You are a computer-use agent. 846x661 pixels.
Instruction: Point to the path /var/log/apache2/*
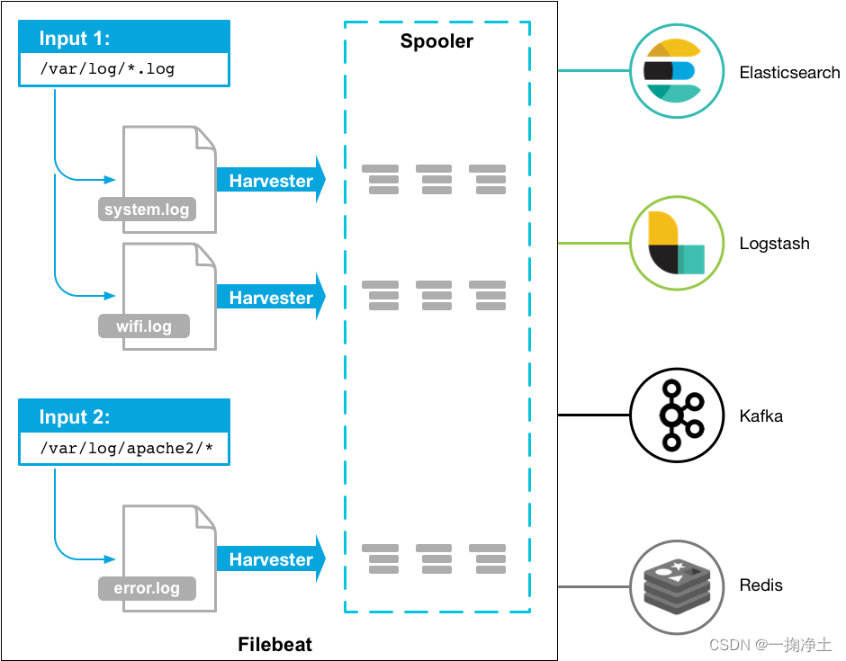[x=124, y=447]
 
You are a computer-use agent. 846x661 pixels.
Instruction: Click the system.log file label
[x=147, y=210]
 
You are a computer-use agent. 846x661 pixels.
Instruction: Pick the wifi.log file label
[x=144, y=326]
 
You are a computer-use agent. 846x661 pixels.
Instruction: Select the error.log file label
[x=147, y=589]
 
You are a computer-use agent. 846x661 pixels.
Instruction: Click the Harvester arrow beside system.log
[x=270, y=181]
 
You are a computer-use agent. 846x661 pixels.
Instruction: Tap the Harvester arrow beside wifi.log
[x=270, y=298]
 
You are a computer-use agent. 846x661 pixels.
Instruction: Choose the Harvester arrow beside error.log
[x=270, y=559]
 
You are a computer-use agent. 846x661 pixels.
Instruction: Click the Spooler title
[x=436, y=41]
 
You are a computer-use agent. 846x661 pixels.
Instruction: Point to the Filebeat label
[x=274, y=644]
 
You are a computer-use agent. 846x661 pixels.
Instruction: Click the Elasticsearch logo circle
[x=672, y=71]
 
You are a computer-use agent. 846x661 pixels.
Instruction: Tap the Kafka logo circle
[x=672, y=415]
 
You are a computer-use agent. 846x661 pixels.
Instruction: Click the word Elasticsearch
[x=789, y=72]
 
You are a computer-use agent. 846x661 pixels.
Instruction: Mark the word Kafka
[x=760, y=416]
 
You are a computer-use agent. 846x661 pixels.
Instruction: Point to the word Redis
[x=760, y=585]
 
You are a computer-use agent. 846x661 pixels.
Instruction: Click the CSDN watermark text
[x=770, y=645]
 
